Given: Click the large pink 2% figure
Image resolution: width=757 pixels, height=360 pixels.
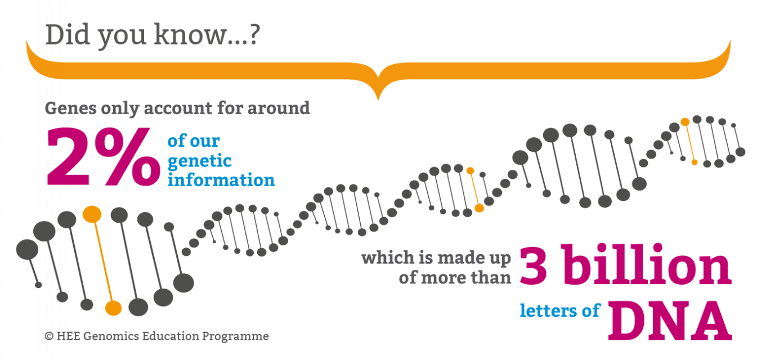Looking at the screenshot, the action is coord(103,157).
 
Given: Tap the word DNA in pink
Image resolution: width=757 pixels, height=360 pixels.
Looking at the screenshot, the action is coord(670,320).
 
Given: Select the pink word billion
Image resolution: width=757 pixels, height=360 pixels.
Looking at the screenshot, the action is coord(646,264).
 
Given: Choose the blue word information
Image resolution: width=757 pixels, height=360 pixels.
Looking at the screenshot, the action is coord(221,179).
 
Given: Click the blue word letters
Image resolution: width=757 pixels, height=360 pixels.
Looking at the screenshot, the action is coord(548,310).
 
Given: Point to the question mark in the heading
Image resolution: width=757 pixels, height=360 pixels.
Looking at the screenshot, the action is coord(254,34).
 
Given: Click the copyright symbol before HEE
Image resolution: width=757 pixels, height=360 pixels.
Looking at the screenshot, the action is coord(50,336).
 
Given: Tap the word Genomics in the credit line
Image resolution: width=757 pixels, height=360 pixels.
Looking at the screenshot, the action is coord(111,336).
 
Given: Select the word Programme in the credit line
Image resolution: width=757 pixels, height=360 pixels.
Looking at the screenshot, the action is coord(236,336).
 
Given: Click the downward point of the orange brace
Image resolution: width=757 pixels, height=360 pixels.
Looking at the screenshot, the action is coord(378,100).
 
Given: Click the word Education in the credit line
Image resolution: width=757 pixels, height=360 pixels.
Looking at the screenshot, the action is coord(171,336).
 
